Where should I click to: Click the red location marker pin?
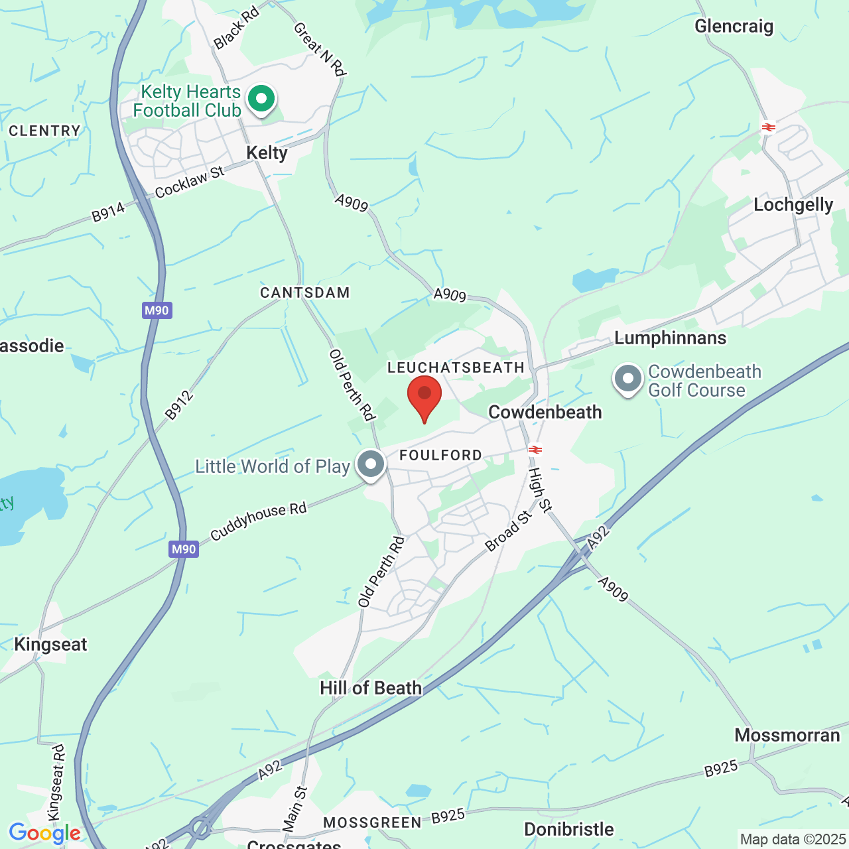424,395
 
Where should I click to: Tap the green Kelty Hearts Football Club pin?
261,99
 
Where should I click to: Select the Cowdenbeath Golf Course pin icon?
628,379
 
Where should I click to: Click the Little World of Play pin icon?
371,464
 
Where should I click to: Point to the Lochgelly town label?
793,205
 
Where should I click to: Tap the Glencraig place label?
734,27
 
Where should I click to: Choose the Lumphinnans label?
670,338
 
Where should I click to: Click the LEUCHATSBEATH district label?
456,367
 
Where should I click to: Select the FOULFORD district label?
440,455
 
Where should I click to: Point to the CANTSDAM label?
304,293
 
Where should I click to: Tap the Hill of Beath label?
370,688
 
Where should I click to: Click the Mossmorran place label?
787,736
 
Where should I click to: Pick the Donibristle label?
568,830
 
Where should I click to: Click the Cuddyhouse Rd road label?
259,521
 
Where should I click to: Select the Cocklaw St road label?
190,182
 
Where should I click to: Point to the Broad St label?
509,531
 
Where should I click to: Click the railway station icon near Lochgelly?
769,127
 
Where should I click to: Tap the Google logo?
44,833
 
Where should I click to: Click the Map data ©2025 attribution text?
793,840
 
